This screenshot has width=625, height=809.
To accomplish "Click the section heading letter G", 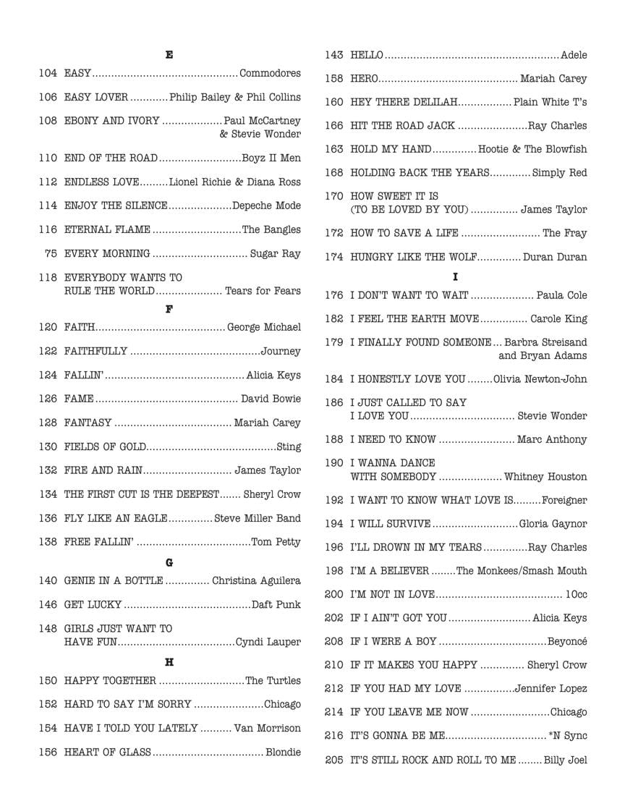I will [169, 562].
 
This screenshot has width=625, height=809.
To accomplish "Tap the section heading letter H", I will [169, 662].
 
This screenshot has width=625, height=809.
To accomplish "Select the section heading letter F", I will [169, 309].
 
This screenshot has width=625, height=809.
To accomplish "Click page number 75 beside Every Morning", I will [51, 253].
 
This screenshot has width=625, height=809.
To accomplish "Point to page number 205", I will [333, 760].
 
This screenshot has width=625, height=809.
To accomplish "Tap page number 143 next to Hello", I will [333, 55].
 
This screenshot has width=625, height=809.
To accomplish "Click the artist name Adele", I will [574, 55].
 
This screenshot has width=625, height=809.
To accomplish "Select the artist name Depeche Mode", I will [266, 206].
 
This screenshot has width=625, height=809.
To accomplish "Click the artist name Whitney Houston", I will [545, 477].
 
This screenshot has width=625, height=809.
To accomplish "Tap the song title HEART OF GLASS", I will [107, 752].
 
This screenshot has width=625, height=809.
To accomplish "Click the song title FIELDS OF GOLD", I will [105, 446].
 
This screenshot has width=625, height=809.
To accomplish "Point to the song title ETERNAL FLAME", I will [107, 229].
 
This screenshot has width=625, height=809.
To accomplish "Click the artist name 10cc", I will [576, 594].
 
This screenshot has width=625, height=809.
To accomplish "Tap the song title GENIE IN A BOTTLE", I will [113, 580].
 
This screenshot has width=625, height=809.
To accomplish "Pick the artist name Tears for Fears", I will [263, 291].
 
